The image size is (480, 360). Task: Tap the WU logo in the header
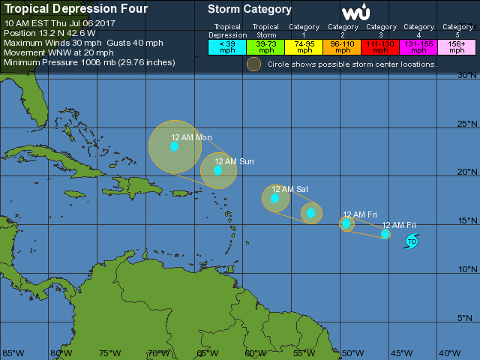click(x=355, y=12)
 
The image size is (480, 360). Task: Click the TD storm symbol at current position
click(x=412, y=241)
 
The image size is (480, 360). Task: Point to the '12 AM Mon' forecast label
click(x=191, y=137)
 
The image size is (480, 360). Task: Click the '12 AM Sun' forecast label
click(x=234, y=161)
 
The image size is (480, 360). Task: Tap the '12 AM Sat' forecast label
click(x=290, y=189)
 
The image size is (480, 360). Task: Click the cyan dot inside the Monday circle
click(x=174, y=146)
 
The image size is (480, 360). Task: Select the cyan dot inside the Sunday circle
click(x=217, y=170)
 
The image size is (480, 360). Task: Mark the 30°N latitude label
click(x=468, y=75)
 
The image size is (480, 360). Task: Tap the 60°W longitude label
click(x=256, y=353)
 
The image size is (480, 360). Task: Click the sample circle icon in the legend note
click(x=254, y=64)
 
